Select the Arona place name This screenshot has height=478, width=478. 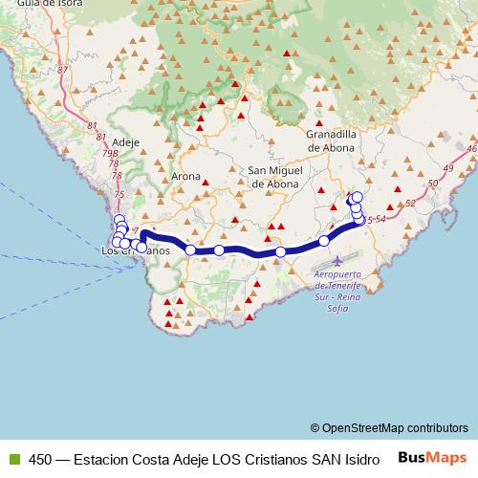[x=185, y=177]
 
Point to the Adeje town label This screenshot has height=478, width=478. [x=126, y=142]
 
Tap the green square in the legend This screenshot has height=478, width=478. [x=12, y=459]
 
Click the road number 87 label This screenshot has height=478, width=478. [x=63, y=71]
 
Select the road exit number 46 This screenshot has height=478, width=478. [x=470, y=149]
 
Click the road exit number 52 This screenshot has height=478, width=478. [x=411, y=203]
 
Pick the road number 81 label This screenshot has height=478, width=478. [x=91, y=125]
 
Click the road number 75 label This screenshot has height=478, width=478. [x=119, y=195]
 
